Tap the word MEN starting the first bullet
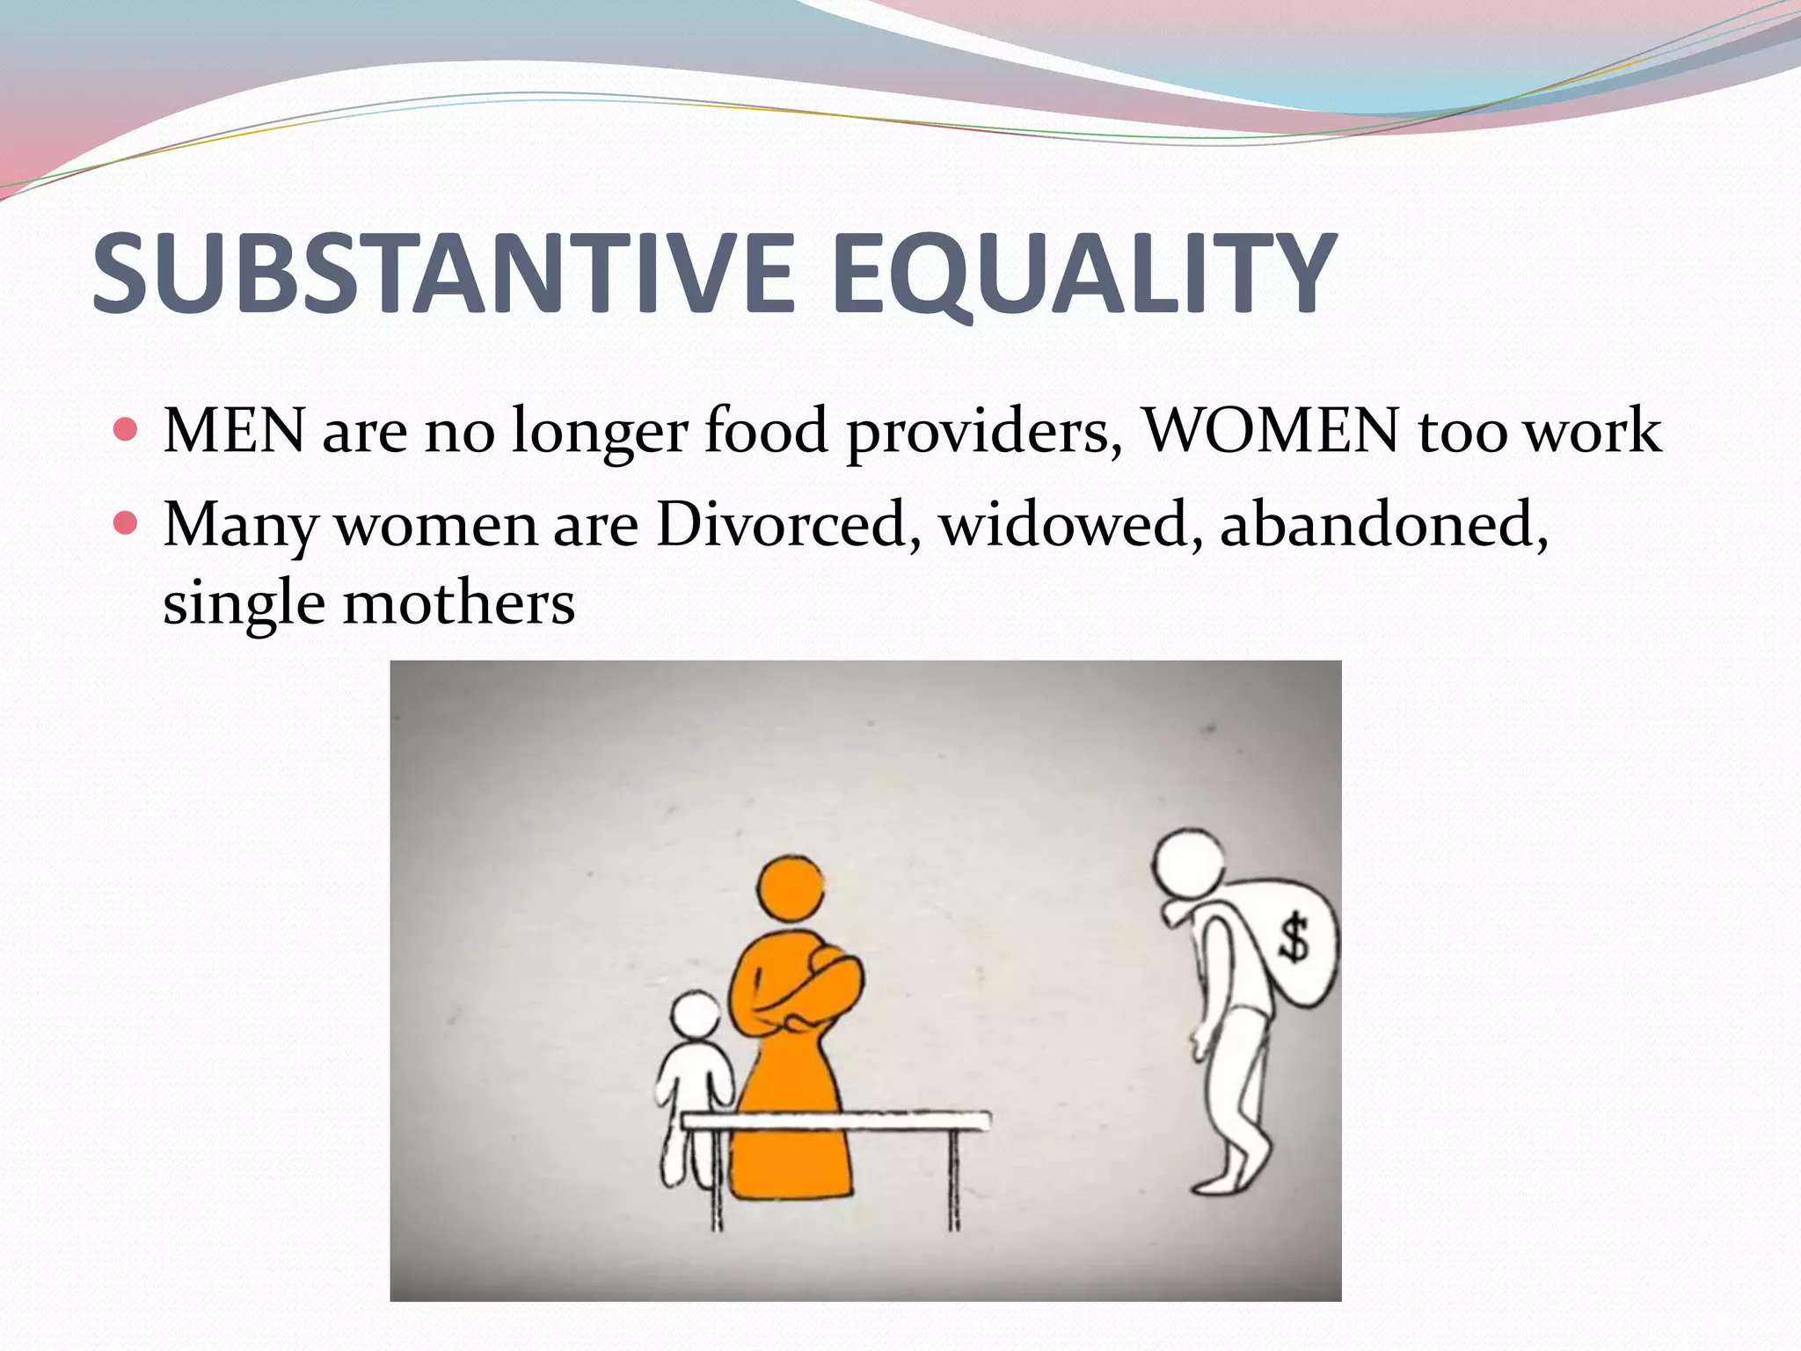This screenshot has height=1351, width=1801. pyautogui.click(x=234, y=432)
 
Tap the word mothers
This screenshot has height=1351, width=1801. pyautogui.click(x=458, y=603)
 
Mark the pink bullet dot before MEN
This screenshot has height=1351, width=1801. pyautogui.click(x=127, y=431)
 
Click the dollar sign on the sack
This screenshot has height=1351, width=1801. pyautogui.click(x=1294, y=937)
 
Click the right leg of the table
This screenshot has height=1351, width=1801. pyautogui.click(x=954, y=1179)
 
